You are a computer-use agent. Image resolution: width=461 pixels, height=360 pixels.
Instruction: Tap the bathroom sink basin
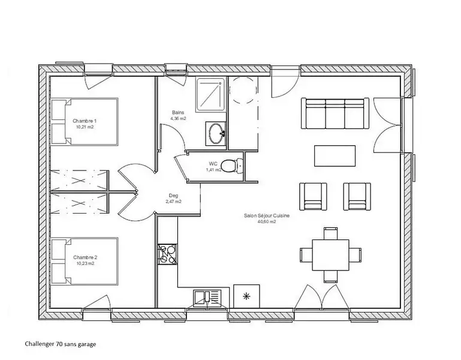tap(217, 133)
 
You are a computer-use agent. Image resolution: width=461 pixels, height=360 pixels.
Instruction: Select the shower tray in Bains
tap(211, 94)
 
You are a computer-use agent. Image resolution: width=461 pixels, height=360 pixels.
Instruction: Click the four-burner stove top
tap(167, 254)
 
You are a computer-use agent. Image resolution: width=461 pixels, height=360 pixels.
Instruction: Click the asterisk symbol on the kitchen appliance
tap(246, 296)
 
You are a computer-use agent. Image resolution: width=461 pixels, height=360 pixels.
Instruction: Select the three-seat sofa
tap(335, 113)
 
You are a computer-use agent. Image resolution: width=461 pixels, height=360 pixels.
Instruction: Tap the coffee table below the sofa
tap(335, 156)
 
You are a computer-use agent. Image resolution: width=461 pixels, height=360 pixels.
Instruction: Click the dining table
tap(330, 255)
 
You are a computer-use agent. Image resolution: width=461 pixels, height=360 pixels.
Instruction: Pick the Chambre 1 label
tap(85, 121)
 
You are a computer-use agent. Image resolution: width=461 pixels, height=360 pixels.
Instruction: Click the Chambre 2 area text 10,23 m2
tap(85, 263)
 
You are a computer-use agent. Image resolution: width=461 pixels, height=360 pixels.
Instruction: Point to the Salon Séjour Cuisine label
tap(267, 215)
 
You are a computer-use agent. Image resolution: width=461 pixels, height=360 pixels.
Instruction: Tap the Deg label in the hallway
tap(173, 196)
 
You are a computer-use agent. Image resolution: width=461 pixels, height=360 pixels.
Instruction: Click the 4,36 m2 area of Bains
tap(178, 118)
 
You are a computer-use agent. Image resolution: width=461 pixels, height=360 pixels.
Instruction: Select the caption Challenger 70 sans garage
tap(61, 344)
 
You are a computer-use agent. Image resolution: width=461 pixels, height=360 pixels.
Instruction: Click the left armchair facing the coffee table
tap(313, 196)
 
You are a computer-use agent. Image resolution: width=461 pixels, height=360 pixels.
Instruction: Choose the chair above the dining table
tap(330, 233)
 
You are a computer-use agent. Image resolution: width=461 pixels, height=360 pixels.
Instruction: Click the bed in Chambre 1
tap(85, 122)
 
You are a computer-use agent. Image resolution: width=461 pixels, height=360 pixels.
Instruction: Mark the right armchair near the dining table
tap(357, 196)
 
